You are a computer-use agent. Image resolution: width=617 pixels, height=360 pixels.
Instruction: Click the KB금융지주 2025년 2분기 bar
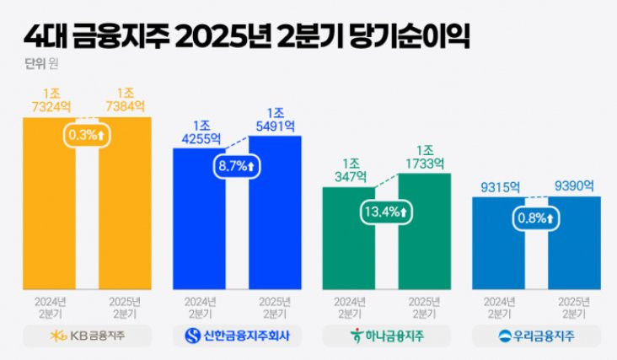tap(125, 211)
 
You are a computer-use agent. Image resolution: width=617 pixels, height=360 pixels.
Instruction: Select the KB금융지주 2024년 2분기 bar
tap(49, 211)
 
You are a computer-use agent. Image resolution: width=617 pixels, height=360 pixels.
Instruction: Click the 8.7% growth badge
tap(237, 166)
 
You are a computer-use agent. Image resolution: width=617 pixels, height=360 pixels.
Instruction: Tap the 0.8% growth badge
tap(537, 219)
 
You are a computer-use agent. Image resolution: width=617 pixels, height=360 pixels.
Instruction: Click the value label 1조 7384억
tap(126, 99)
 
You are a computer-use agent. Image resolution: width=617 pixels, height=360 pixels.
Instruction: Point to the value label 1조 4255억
tap(199, 132)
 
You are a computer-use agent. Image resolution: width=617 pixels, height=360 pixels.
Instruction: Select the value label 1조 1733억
tap(424, 158)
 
